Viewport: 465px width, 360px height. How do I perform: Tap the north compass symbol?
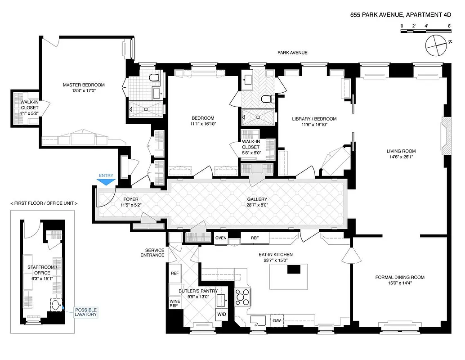[436, 45]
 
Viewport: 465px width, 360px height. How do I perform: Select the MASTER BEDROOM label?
[84, 85]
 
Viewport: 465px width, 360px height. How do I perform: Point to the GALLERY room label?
[257, 199]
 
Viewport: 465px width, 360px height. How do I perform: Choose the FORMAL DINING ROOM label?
[400, 277]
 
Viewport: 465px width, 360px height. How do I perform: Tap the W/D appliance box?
[221, 314]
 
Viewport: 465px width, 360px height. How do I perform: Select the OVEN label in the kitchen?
[221, 238]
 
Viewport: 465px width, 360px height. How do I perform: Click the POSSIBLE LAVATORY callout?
[85, 312]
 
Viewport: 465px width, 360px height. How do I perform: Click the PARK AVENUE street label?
[292, 53]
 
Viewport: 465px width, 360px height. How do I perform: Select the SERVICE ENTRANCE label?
[155, 252]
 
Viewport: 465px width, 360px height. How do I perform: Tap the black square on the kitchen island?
[294, 269]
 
